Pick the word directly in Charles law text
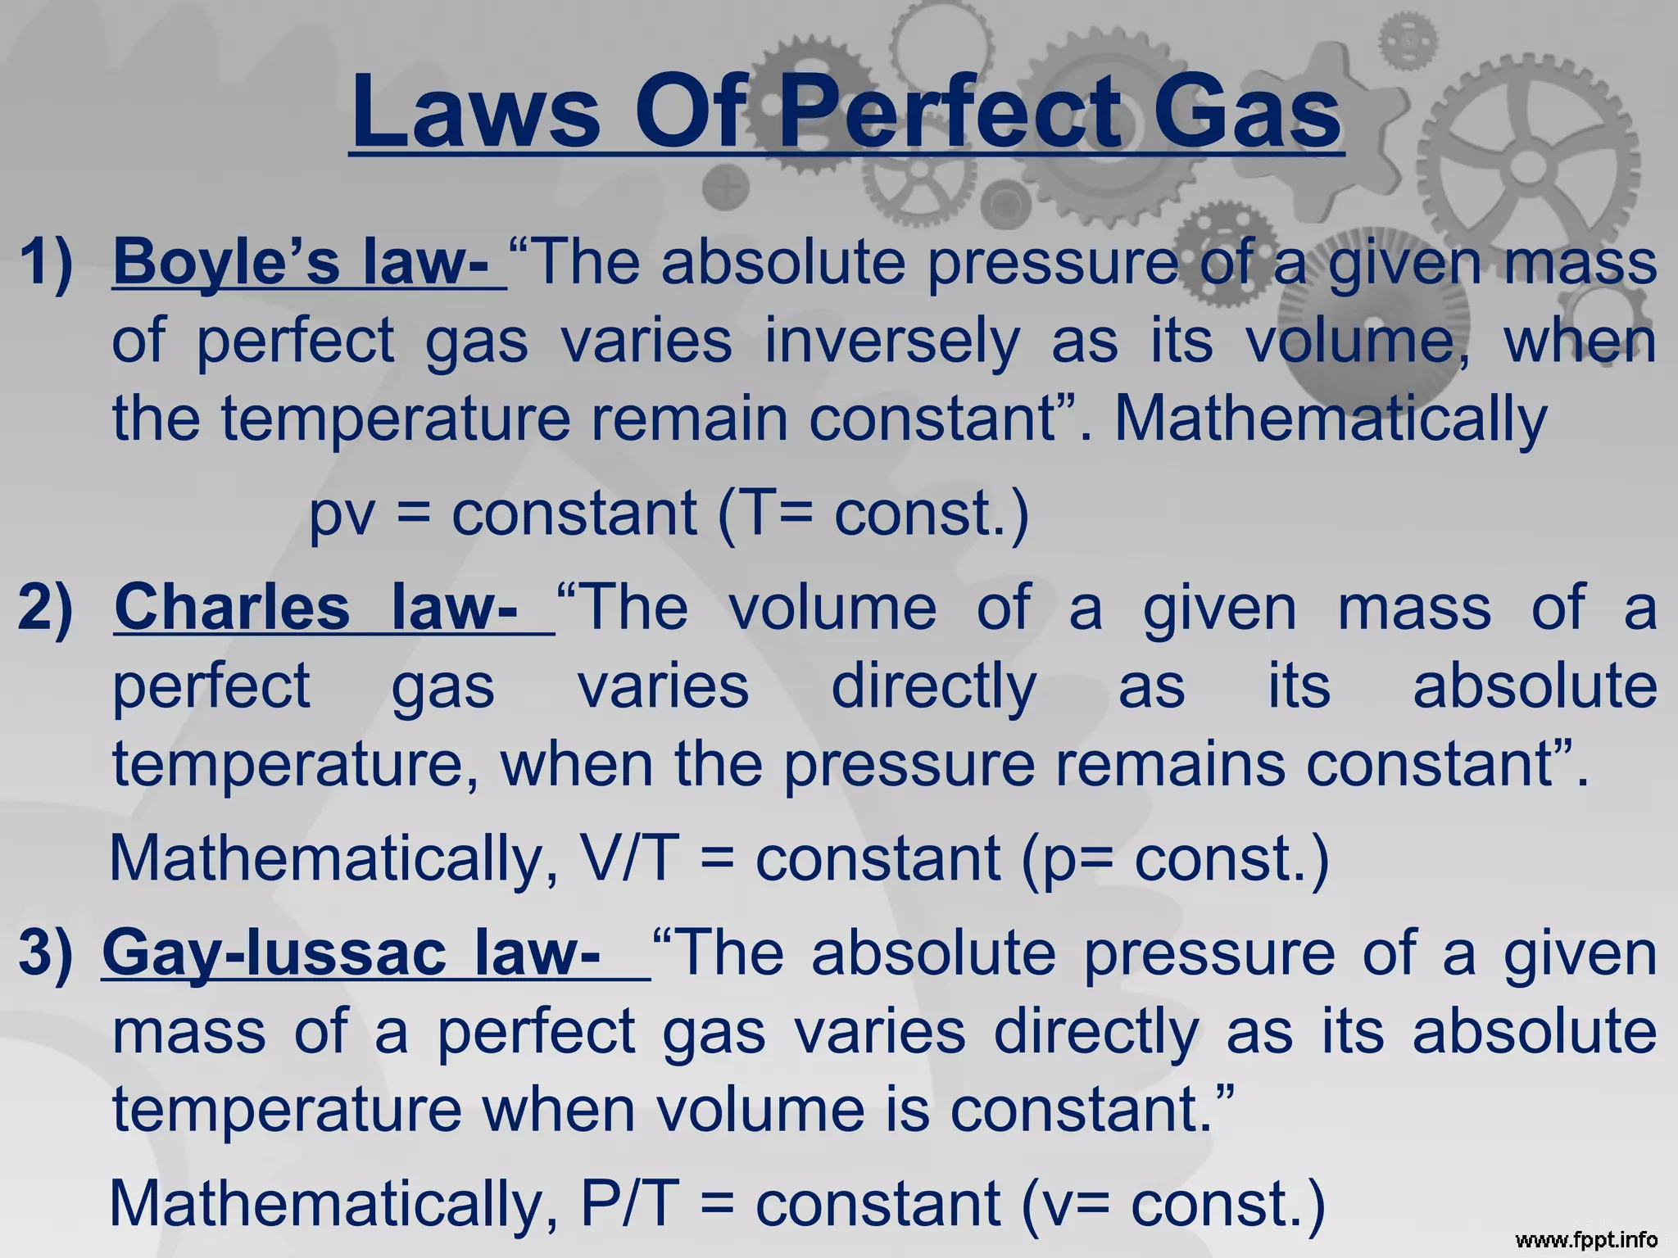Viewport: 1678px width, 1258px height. (x=934, y=686)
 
